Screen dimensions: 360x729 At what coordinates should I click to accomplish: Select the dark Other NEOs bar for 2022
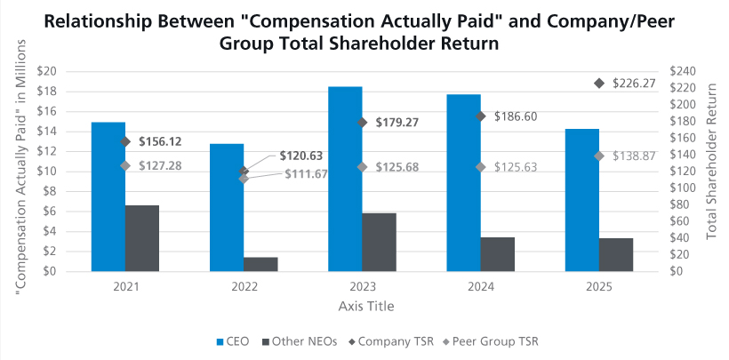pyautogui.click(x=260, y=264)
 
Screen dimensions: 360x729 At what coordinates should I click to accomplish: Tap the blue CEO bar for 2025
pyautogui.click(x=582, y=200)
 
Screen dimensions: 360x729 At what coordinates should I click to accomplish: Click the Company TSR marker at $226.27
pyautogui.click(x=599, y=83)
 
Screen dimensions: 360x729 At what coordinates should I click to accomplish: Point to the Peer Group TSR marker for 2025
pyautogui.click(x=599, y=156)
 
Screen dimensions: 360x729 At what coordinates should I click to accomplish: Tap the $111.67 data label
pyautogui.click(x=306, y=172)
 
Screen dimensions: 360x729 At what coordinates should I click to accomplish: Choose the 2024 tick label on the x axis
pyautogui.click(x=481, y=287)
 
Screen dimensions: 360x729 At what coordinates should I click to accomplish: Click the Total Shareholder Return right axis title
pyautogui.click(x=712, y=169)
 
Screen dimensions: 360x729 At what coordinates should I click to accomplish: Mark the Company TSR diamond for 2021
pyautogui.click(x=125, y=141)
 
